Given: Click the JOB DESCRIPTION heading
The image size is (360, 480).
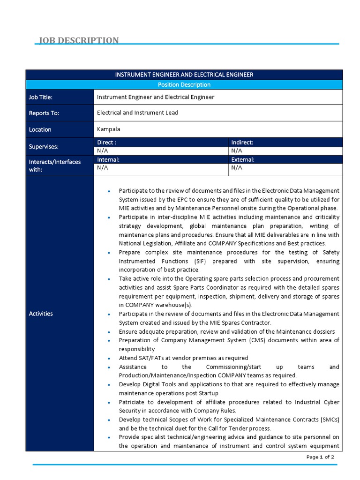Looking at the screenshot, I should pos(78,40).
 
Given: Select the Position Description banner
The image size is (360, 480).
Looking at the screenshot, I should pos(184,84).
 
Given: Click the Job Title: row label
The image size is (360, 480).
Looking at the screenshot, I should pos(41,97).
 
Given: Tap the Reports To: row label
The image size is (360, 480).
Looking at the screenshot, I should pos(44,113).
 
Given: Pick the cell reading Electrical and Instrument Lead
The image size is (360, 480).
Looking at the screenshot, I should pos(137,112).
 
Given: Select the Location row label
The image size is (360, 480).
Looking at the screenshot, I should pos(40,129).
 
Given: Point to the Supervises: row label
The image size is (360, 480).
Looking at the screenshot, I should pos(44,147).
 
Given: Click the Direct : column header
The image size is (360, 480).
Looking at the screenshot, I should pos(106,142).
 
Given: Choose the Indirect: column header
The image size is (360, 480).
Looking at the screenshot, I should pos(242,142).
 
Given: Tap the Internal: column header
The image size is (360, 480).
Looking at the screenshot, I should pos(108,159).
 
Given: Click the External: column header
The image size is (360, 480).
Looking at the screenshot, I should pos(242,159).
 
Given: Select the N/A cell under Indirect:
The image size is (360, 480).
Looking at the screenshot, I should pos(236,150).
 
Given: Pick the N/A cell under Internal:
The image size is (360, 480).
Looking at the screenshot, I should pos(102,167).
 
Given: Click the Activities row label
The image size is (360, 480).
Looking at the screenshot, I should pos(41,314).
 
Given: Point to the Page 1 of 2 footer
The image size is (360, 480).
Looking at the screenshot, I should pos(320,457).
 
